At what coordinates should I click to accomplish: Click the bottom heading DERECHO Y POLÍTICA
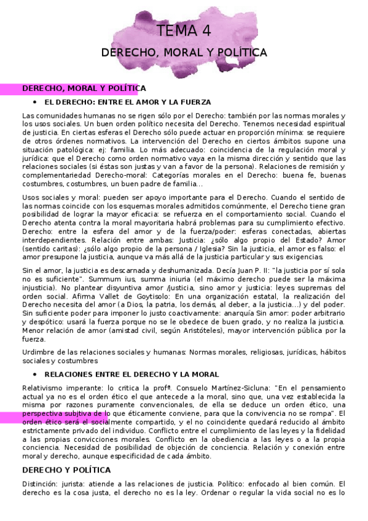click(66, 470)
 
